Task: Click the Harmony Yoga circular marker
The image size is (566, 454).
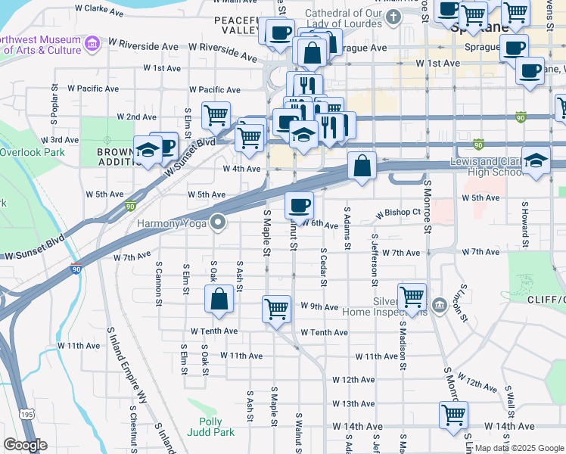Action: coord(219,222)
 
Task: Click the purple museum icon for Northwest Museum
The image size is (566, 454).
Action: coord(92,43)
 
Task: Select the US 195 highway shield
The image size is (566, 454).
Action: coord(26,414)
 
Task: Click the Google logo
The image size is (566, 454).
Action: coord(25,445)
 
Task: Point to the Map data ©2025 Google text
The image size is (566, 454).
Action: coord(519,448)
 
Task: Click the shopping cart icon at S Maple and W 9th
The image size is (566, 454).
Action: coord(277,308)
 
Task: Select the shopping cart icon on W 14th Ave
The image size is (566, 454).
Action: coord(454,414)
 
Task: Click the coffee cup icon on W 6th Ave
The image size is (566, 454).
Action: coord(299,204)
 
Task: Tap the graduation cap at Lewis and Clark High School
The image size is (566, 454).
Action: coord(536,161)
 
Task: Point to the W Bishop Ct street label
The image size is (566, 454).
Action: coord(397,214)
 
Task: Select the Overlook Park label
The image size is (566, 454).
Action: coord(32,151)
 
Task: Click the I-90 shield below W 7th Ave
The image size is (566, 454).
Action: coord(76,269)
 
